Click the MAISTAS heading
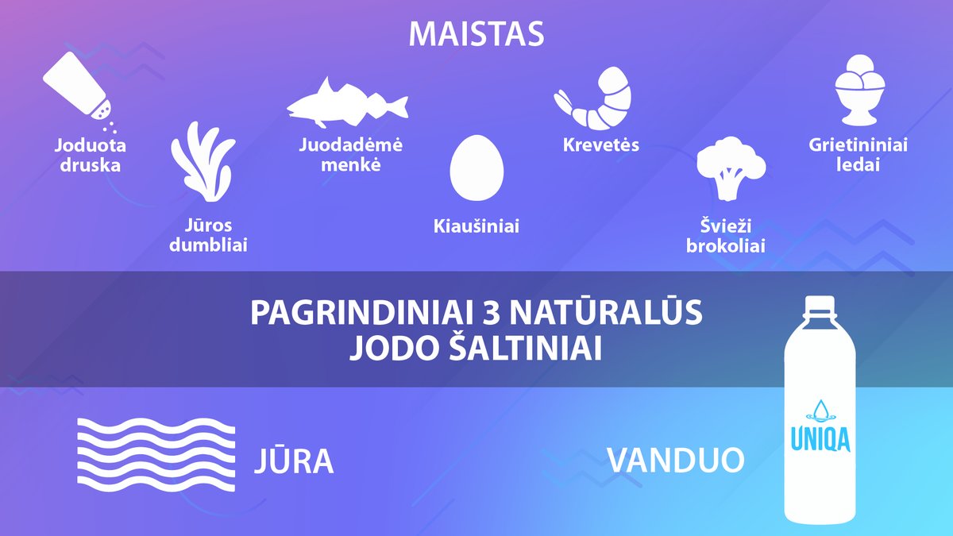[476, 33]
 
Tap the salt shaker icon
[78, 87]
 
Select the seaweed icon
[203, 162]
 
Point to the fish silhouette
[348, 102]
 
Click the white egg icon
[476, 168]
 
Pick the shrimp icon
[592, 98]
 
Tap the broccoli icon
[731, 168]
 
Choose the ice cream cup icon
[860, 90]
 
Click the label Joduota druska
[91, 155]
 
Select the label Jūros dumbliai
[208, 235]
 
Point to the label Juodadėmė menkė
[350, 154]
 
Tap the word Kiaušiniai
[476, 226]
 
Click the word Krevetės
[600, 145]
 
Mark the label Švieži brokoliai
[725, 236]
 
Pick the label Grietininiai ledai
[858, 154]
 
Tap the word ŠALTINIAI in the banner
[526, 349]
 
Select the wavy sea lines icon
[156, 455]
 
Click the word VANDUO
[676, 460]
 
